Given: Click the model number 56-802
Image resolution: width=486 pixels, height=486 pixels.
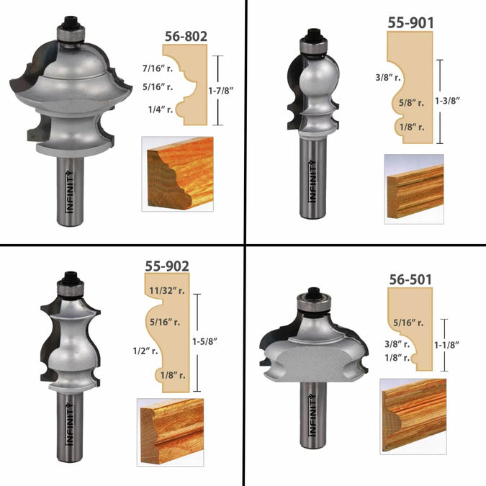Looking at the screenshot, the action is coord(186,37).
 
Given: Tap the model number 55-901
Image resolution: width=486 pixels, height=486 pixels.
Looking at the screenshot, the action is coord(410,22).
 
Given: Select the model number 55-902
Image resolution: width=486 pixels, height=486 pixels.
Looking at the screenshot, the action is coord(167,266).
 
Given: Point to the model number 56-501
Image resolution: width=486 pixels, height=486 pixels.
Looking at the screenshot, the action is coord(410,279).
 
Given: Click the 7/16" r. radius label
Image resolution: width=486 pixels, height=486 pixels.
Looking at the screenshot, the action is coord(158,68).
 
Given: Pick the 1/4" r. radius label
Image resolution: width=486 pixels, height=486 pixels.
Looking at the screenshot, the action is coord(161,109).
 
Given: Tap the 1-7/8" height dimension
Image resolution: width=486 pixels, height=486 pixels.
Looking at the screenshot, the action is coord(220,91).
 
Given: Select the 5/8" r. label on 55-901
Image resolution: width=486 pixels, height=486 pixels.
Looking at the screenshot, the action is coord(411,102).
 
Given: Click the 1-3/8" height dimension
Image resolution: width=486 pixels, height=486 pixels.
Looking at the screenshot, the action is coord(447,101).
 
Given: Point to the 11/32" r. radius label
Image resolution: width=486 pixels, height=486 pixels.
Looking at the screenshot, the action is coord(167,291).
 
